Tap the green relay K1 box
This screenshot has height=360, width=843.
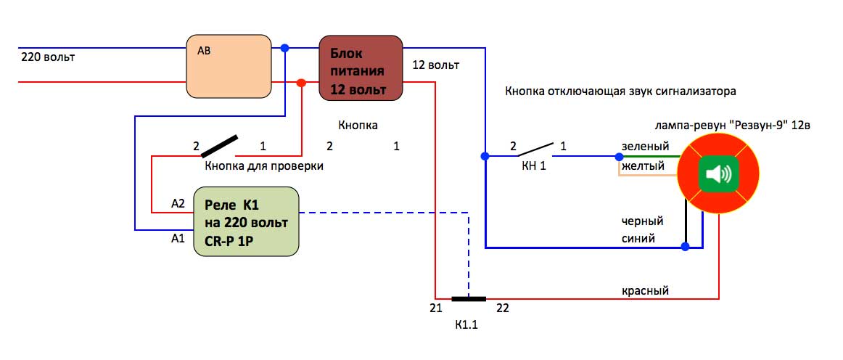click(246, 221)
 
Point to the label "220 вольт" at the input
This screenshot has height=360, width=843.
click(49, 56)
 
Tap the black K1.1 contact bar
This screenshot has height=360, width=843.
click(468, 298)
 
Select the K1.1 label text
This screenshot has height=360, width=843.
click(465, 325)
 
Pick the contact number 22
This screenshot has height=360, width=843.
click(503, 308)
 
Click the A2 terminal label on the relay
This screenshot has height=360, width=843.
click(178, 204)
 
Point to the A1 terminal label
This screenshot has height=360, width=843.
click(177, 237)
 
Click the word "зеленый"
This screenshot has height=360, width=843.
click(642, 146)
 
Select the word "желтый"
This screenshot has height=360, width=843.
click(643, 165)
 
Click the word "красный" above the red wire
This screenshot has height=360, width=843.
click(645, 290)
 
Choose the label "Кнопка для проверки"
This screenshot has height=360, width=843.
click(264, 166)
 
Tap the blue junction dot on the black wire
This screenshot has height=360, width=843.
click(686, 247)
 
